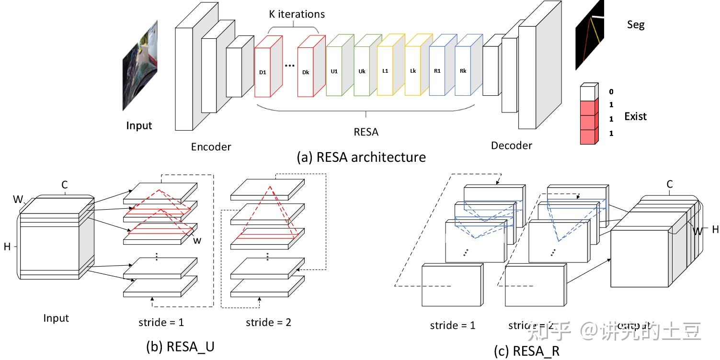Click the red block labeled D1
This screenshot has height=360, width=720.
[263, 72]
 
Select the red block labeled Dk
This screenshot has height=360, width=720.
[305, 72]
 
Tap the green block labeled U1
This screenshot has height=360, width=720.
[334, 71]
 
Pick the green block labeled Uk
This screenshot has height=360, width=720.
[362, 71]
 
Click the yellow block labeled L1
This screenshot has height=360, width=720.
[385, 71]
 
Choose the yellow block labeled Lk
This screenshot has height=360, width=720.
[412, 71]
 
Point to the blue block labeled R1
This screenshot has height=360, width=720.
[437, 71]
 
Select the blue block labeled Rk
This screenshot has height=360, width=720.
[463, 71]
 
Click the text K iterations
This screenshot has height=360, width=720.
[296, 14]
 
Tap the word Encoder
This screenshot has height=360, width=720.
[211, 147]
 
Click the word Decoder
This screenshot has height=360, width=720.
[511, 145]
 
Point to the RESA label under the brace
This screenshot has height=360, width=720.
[366, 132]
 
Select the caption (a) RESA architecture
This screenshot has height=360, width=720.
[361, 157]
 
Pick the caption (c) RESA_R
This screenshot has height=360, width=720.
[526, 351]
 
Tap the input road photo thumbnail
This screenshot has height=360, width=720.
[140, 65]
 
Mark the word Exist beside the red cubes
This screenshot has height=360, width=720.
[635, 116]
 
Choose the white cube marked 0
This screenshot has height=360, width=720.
[588, 92]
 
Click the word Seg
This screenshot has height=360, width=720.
[636, 24]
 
